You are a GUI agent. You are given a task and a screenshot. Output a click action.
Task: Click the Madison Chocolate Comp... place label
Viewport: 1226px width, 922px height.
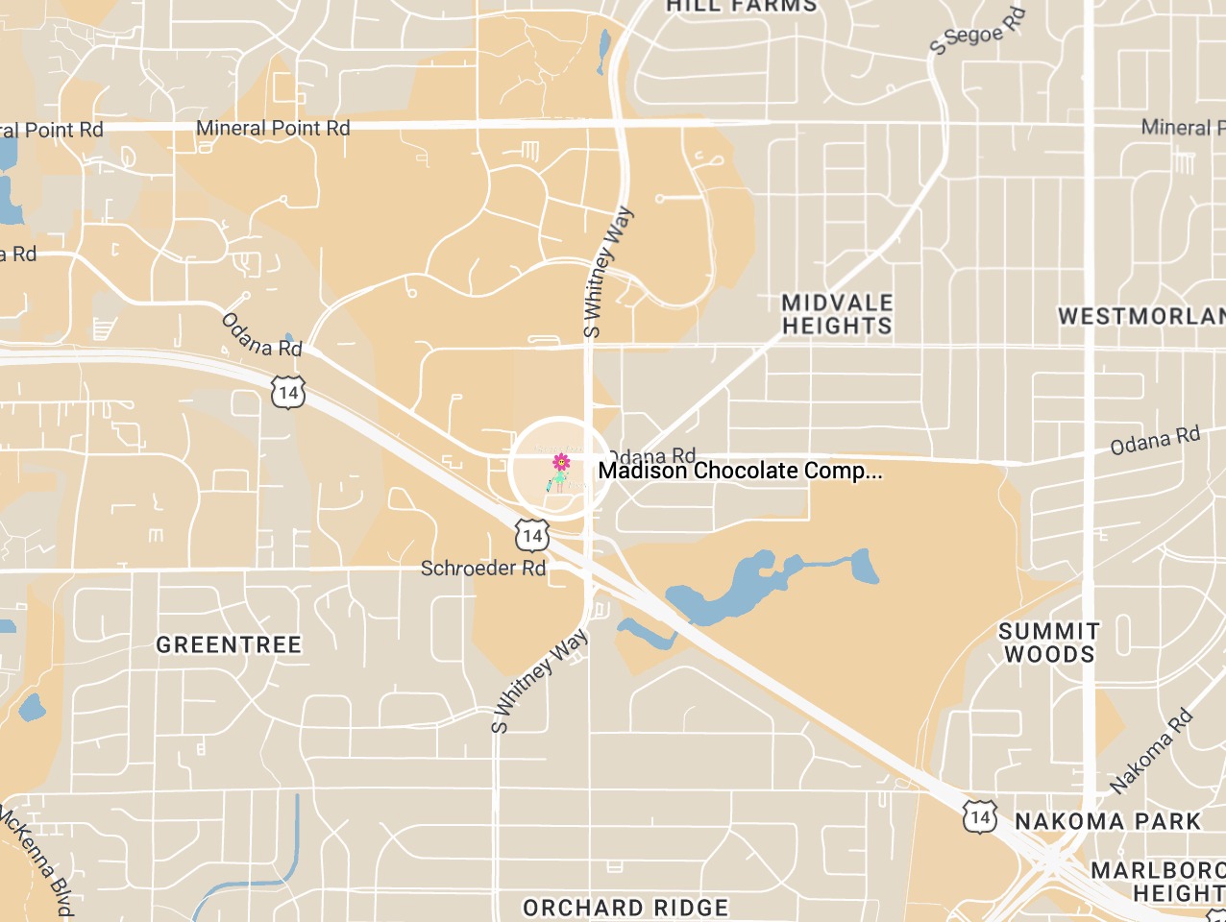740,471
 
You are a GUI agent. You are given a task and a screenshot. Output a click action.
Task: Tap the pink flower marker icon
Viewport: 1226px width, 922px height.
561,463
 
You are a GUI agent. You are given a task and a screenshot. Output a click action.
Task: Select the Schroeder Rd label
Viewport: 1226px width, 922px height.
483,569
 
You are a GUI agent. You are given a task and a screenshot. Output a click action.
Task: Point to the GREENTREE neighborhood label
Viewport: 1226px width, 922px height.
229,644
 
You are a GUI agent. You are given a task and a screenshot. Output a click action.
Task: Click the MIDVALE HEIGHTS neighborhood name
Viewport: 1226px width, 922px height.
837,314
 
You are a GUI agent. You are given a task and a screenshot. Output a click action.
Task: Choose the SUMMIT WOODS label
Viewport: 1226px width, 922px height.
1048,643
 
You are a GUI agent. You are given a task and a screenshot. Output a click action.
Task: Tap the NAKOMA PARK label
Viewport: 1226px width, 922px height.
1108,821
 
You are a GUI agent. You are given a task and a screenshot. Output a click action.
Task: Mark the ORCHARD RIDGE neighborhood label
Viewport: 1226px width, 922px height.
625,908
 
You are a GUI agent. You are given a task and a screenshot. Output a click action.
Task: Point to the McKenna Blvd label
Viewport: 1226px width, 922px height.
37,860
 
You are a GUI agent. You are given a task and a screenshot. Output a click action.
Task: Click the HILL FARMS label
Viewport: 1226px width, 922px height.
742,6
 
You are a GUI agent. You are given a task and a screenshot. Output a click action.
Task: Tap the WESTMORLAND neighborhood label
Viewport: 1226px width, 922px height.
1141,316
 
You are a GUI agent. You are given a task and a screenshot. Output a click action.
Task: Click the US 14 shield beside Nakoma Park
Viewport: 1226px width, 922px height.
979,817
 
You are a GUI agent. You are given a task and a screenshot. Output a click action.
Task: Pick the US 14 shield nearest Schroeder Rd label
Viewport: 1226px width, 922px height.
531,535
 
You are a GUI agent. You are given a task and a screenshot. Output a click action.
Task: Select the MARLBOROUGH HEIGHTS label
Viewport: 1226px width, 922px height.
1158,882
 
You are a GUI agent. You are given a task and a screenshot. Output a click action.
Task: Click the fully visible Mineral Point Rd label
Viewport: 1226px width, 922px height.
273,128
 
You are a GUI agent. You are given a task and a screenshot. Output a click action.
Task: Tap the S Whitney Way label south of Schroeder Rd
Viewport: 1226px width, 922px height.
539,681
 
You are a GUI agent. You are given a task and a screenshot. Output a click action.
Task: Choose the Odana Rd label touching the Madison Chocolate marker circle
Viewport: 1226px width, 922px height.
653,454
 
